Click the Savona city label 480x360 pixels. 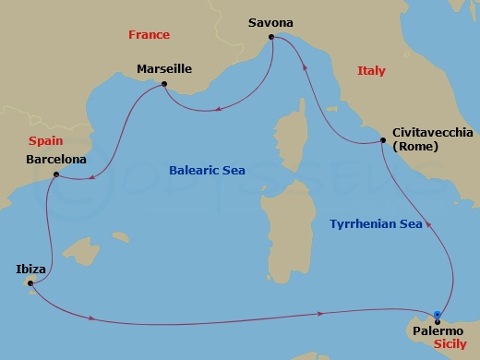point(271,20)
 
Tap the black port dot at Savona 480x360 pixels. point(271,38)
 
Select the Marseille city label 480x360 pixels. point(163,69)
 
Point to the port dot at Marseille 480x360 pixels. point(164,85)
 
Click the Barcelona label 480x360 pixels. point(56,159)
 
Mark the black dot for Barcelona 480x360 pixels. point(56,174)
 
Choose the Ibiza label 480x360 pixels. point(30,269)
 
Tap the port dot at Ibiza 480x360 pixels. point(30,283)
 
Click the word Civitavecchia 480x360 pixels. point(432,132)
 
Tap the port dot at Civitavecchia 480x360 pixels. point(383,140)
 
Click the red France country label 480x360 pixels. point(149,35)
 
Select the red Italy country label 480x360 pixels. point(371,71)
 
